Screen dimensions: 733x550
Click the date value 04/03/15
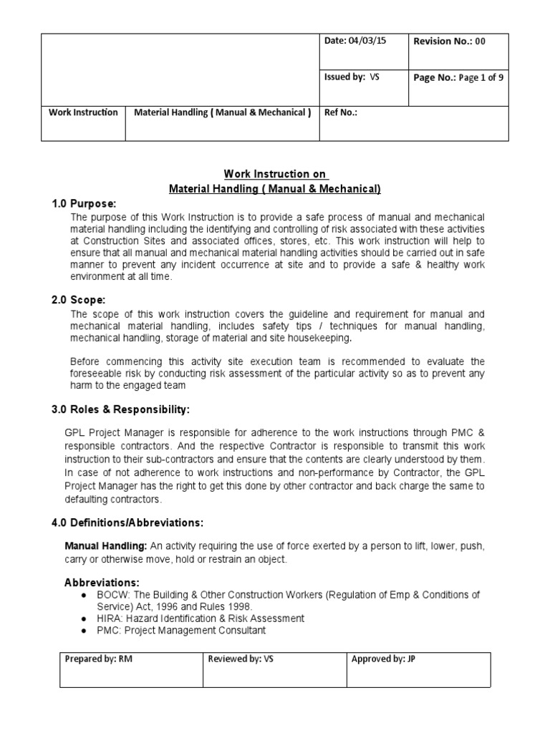[x=368, y=42]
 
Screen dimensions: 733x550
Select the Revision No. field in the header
[x=449, y=42]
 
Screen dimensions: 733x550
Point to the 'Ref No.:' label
[x=341, y=112]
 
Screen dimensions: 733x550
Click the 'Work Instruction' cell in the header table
[x=83, y=112]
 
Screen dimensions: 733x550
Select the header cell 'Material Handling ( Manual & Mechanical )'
[x=222, y=112]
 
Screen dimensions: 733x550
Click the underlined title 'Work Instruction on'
[x=276, y=175]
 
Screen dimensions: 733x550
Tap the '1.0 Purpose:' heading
[x=83, y=203]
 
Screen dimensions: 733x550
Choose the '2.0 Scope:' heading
[x=78, y=299]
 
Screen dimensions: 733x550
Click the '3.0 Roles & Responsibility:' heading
[x=121, y=409]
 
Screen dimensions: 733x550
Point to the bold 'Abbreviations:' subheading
[x=102, y=582]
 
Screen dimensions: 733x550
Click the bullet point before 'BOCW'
[x=85, y=595]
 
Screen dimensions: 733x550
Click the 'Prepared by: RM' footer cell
[x=99, y=659]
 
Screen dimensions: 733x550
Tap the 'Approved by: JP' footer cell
[x=383, y=659]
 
